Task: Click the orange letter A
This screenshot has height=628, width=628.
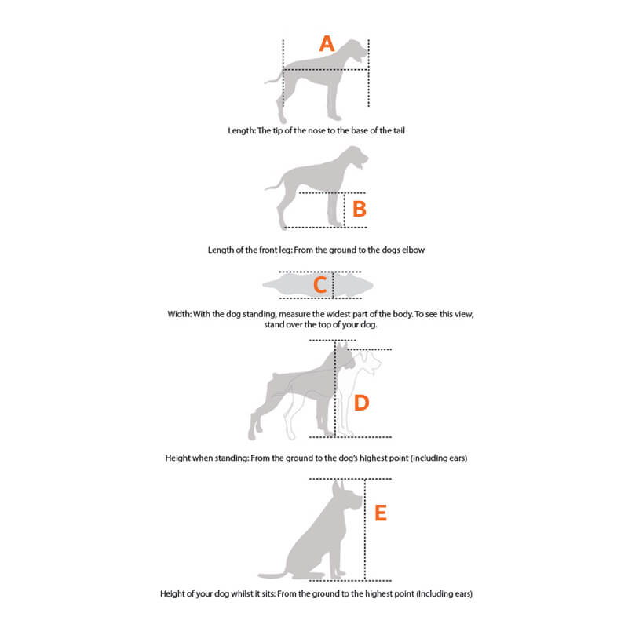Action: [x=327, y=44]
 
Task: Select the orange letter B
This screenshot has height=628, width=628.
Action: [x=359, y=210]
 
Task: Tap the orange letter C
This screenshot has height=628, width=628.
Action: [x=319, y=285]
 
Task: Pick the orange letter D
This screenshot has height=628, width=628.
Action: [x=361, y=403]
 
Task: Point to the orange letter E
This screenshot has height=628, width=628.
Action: [x=381, y=513]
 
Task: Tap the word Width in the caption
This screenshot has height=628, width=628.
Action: [x=180, y=313]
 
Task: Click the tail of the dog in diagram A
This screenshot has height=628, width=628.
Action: [x=272, y=78]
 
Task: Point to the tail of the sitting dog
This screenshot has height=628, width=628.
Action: [x=270, y=575]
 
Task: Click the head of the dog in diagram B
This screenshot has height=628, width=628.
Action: [x=356, y=161]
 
